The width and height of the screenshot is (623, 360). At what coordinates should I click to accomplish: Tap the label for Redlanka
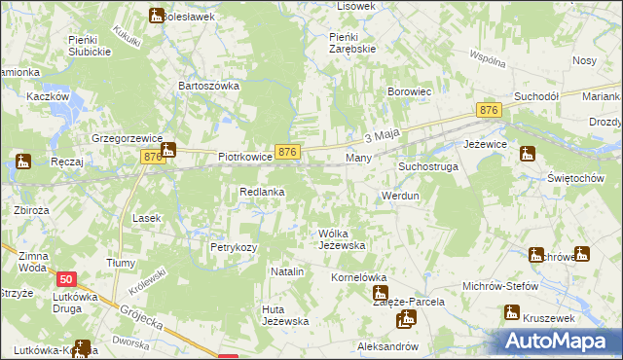[262, 193]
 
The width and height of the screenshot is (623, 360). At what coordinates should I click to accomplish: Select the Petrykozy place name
[234, 247]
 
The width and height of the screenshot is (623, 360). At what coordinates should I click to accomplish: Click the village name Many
[358, 157]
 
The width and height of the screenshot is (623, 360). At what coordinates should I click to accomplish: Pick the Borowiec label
[409, 92]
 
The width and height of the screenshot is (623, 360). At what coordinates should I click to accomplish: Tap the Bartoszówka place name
[207, 86]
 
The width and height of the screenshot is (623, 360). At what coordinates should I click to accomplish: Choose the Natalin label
[287, 271]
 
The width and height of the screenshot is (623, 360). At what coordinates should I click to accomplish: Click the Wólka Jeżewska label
[342, 239]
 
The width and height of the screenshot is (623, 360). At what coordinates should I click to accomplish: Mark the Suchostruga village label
[427, 167]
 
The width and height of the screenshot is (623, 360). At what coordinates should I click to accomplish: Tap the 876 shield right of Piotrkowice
[286, 152]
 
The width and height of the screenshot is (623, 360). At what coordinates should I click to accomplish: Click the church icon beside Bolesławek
[157, 15]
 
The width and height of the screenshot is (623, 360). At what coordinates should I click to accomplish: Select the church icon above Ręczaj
[23, 162]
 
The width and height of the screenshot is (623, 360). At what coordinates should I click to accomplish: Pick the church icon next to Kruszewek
[511, 313]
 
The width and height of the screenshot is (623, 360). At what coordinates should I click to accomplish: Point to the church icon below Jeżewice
[528, 153]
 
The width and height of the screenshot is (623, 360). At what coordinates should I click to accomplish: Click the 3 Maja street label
[383, 137]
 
